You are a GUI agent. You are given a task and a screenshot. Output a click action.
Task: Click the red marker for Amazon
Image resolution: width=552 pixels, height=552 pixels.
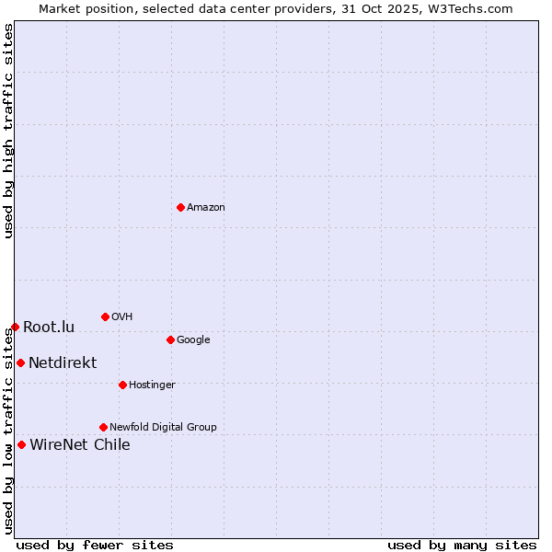click(x=180, y=207)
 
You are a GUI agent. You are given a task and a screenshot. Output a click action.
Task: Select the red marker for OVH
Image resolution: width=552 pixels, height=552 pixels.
click(x=105, y=316)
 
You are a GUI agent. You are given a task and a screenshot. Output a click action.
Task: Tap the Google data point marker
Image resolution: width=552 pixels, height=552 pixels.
click(x=170, y=339)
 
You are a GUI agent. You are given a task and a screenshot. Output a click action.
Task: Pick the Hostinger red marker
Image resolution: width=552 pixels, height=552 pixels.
click(x=122, y=385)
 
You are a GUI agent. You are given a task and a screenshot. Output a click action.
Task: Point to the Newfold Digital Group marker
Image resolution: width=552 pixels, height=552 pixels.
click(x=103, y=427)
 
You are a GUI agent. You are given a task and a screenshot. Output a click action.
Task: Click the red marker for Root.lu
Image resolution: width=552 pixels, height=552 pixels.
click(x=15, y=327)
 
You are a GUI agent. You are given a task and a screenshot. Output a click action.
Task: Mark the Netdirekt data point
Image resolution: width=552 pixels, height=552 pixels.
click(x=20, y=362)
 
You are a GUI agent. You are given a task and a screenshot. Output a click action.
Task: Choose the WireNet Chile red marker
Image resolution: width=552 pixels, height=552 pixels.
click(x=21, y=444)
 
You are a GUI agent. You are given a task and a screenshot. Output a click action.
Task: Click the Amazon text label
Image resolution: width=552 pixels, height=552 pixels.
click(x=206, y=208)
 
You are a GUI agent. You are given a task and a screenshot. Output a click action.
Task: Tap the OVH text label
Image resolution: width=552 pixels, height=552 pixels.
click(x=122, y=317)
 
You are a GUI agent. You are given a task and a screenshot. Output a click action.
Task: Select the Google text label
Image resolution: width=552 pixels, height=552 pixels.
click(x=193, y=340)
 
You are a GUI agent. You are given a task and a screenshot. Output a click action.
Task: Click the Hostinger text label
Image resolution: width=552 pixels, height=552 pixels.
click(x=152, y=385)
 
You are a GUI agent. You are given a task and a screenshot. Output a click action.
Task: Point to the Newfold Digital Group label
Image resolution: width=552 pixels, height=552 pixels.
click(x=163, y=428)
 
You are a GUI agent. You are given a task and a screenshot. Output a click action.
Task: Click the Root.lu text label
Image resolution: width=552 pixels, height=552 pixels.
click(x=49, y=328)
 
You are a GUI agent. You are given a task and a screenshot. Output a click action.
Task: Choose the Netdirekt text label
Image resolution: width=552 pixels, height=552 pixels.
click(x=63, y=363)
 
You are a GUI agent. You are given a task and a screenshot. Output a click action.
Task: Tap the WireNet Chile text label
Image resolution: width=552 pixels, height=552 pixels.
click(x=80, y=445)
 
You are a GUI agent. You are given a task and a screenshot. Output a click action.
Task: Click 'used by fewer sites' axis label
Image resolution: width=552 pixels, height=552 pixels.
click(x=95, y=546)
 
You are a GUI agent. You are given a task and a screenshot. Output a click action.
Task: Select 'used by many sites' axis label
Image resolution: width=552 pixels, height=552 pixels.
click(x=462, y=546)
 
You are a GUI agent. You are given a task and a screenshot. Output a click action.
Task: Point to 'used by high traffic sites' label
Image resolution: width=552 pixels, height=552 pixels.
click(x=8, y=132)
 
